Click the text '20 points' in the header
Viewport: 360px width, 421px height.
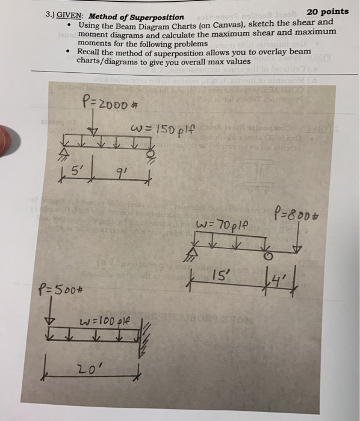pos(327,12)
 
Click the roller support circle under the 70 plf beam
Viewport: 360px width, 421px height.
pos(269,257)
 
